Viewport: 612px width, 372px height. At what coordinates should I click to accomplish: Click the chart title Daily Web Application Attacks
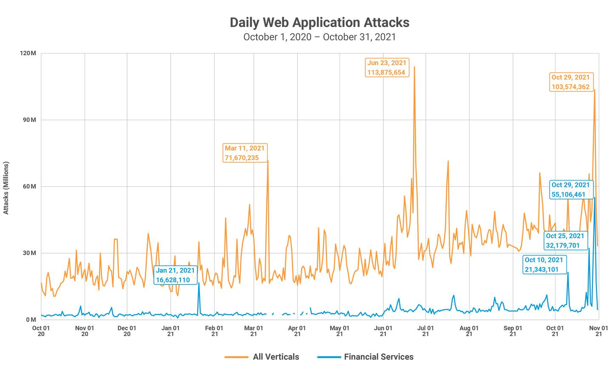click(x=319, y=22)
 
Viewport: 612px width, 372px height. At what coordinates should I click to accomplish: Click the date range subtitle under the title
click(x=319, y=37)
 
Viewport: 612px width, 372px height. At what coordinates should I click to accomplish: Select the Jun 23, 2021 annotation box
click(x=387, y=68)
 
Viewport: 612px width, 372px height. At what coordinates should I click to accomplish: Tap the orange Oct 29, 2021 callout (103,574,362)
click(x=570, y=82)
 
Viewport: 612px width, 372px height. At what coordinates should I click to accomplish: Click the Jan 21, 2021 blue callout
click(x=175, y=275)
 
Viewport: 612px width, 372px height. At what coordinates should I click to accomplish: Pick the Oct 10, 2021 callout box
click(x=544, y=265)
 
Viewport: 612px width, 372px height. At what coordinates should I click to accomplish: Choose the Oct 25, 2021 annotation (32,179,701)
click(x=565, y=240)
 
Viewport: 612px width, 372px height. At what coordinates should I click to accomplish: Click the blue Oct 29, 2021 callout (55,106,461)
click(x=570, y=189)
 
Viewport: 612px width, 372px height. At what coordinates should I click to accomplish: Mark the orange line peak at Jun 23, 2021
click(x=414, y=67)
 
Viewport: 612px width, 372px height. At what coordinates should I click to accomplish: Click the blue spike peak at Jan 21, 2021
click(x=198, y=283)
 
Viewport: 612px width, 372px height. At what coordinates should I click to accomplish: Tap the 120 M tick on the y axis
click(x=28, y=53)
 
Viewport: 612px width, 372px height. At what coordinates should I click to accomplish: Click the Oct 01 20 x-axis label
click(x=41, y=331)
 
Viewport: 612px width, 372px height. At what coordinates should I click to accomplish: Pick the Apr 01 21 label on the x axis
click(x=297, y=331)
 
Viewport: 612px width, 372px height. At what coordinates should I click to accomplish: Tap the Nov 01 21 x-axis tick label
click(x=599, y=331)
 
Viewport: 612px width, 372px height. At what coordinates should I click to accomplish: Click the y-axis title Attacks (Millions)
click(x=6, y=188)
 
